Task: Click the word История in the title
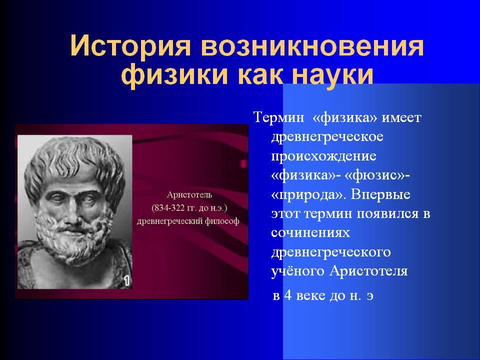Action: (130, 46)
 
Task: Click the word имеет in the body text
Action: (401, 117)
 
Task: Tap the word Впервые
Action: (380, 194)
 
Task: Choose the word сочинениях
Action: (310, 233)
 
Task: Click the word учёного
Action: (297, 271)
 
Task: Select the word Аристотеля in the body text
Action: (368, 271)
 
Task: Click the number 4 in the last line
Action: (288, 295)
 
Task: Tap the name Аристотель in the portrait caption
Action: (189, 194)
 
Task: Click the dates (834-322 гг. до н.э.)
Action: (189, 208)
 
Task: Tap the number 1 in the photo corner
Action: (126, 280)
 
